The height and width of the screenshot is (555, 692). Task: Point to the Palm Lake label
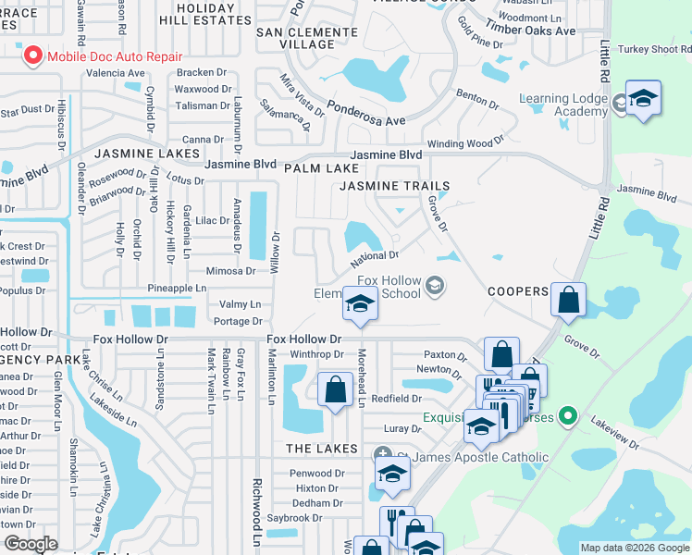[320, 168]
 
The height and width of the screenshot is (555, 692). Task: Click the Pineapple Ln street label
[176, 289]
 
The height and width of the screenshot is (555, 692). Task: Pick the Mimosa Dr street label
[231, 271]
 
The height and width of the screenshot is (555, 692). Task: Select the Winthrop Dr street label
[317, 353]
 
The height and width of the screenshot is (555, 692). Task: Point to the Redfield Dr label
[396, 399]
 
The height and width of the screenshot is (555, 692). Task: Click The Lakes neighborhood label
[321, 449]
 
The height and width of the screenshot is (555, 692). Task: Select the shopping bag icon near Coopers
[569, 300]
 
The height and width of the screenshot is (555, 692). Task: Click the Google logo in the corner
[30, 544]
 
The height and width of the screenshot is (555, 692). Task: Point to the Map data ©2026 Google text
[634, 548]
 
